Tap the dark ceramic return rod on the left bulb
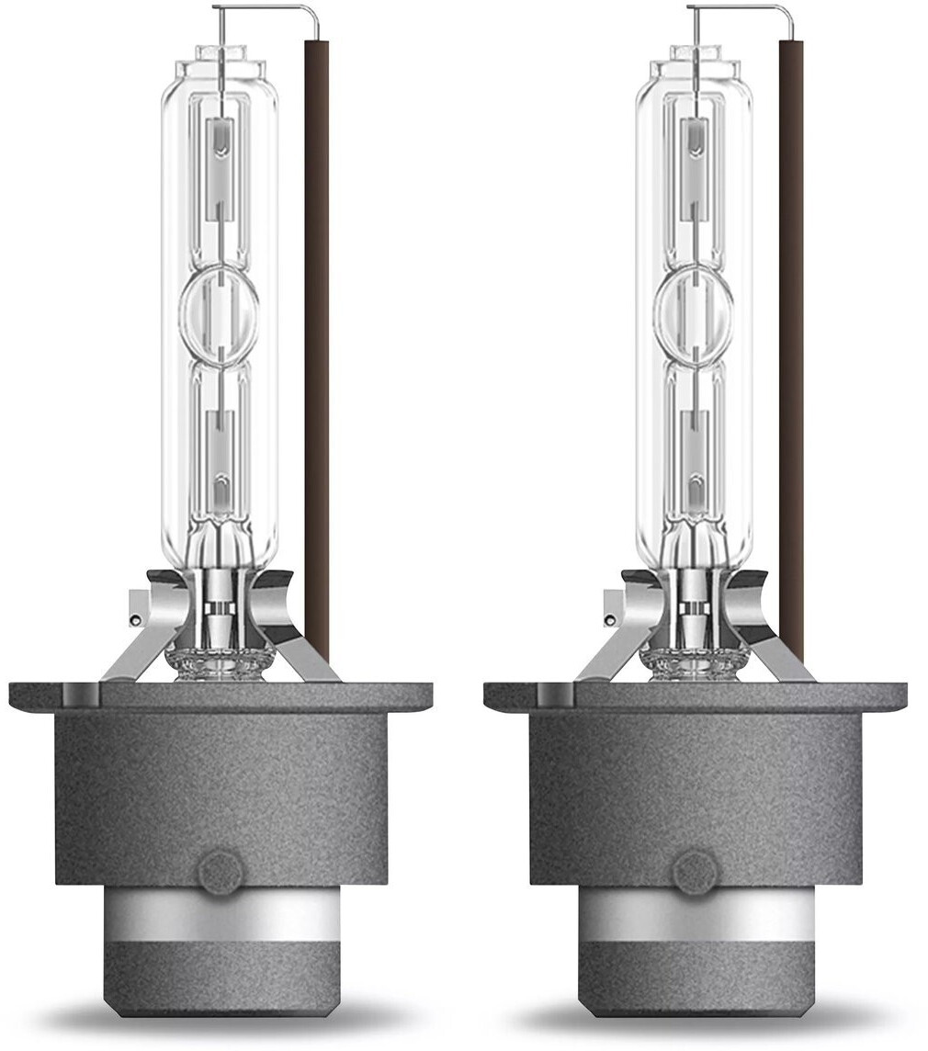(317, 349)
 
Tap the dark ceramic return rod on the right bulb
(791, 349)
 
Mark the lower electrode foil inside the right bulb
(694, 450)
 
